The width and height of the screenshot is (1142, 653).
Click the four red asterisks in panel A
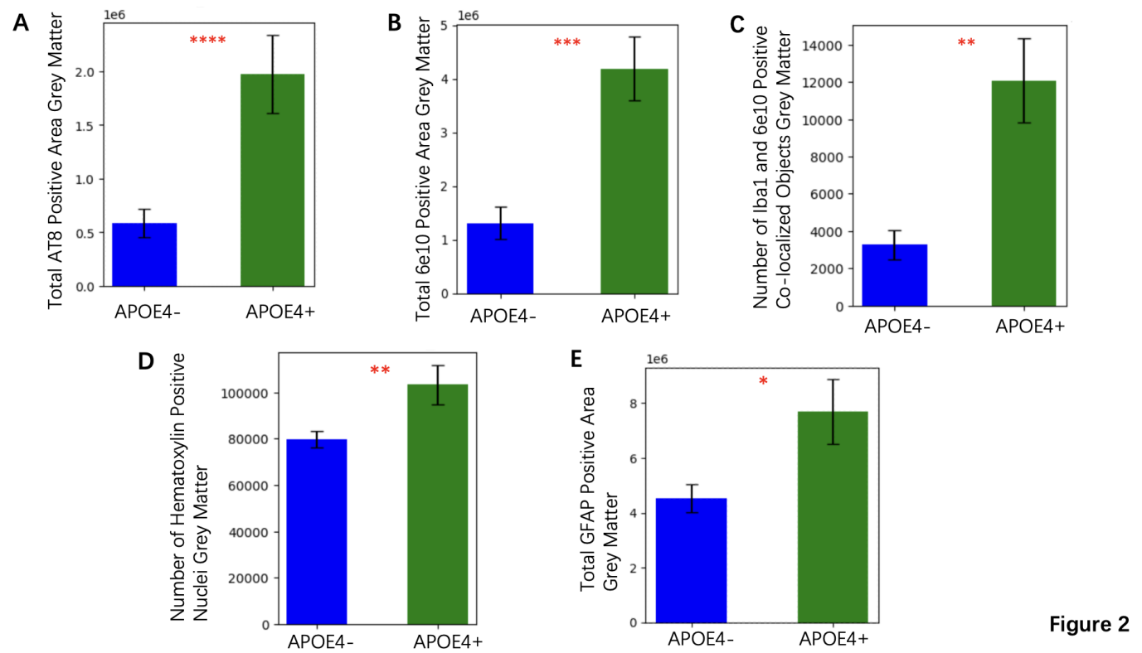(x=207, y=41)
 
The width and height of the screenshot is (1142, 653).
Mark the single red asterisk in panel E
(x=763, y=382)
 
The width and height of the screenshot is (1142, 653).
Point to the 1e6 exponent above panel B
(x=469, y=14)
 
